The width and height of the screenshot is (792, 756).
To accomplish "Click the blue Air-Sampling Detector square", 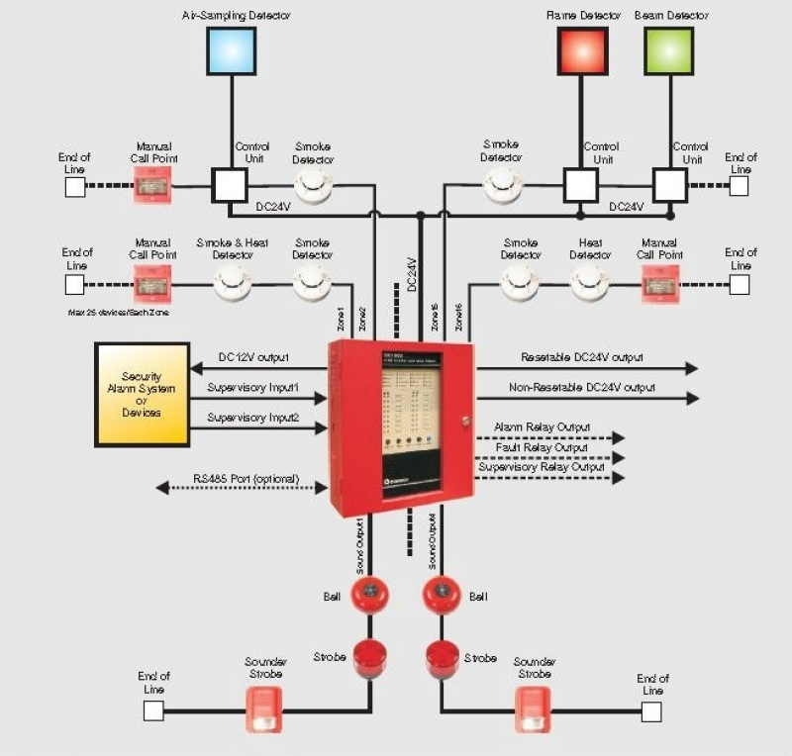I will click(232, 51).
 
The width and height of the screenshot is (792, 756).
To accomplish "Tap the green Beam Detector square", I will click(669, 51).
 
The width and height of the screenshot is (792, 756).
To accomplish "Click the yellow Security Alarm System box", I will click(142, 394).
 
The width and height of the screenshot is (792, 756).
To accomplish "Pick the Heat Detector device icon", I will click(590, 282).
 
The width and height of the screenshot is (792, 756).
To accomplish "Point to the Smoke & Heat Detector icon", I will click(233, 282).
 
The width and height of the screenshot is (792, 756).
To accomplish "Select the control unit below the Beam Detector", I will click(670, 184).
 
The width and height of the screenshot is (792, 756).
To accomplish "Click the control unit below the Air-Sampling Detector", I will click(231, 184).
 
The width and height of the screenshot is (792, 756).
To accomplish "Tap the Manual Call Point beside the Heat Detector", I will click(659, 283).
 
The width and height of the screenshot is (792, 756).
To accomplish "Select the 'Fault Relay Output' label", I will click(542, 446).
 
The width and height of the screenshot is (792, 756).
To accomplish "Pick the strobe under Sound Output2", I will click(442, 658).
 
